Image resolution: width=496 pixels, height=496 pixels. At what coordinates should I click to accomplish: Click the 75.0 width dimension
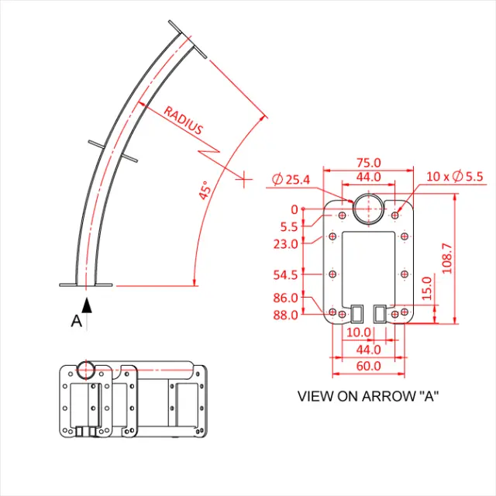369,163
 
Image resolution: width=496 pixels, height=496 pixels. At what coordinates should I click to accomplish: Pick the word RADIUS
183,122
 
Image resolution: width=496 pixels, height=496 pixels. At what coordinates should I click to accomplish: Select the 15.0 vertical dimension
426,288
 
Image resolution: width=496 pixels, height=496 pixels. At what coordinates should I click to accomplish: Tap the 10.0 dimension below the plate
358,332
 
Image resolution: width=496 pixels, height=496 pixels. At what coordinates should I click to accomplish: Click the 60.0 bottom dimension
369,366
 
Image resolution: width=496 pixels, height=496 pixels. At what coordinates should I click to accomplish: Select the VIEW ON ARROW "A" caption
369,396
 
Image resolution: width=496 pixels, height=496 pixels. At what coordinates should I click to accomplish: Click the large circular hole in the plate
368,209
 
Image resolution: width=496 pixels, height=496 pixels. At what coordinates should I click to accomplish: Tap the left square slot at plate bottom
356,312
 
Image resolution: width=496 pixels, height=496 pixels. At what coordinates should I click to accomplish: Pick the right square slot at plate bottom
381,312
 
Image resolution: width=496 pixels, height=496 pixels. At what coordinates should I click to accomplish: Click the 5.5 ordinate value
289,227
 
